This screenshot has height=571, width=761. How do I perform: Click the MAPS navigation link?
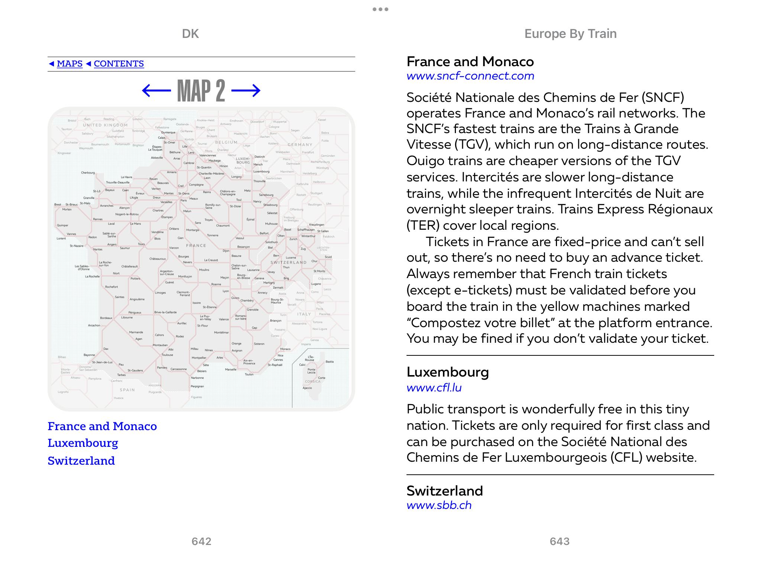click(69, 64)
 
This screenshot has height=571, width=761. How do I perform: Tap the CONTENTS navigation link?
click(119, 64)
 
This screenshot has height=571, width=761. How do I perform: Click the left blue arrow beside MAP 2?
click(156, 90)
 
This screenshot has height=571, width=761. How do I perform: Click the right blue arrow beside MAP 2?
click(246, 90)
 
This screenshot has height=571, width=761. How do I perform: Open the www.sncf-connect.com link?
click(470, 76)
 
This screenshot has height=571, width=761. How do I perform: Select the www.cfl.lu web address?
click(434, 388)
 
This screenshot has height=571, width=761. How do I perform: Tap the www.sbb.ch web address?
click(439, 505)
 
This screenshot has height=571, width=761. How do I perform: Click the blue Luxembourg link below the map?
click(83, 443)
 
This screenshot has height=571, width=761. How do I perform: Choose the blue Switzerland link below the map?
click(81, 461)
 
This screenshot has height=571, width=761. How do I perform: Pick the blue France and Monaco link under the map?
click(102, 426)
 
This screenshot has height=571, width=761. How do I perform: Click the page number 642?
click(201, 541)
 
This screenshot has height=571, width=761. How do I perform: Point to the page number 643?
click(560, 541)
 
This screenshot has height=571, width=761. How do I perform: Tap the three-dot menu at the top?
click(380, 9)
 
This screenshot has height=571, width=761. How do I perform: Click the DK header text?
click(190, 34)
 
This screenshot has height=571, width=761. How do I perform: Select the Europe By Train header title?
click(570, 34)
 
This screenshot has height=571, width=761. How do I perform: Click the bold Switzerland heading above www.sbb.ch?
click(444, 491)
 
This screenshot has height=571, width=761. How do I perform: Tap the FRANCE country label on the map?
click(196, 246)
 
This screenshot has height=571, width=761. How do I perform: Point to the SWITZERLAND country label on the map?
click(288, 262)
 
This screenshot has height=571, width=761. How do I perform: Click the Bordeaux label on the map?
click(106, 318)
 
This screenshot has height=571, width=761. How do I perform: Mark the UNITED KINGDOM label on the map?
click(105, 125)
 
